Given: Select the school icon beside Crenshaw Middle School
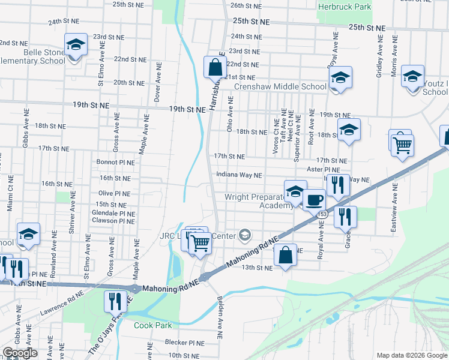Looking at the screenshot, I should pyautogui.click(x=340, y=78).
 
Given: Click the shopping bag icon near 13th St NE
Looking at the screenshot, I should pyautogui.click(x=286, y=254).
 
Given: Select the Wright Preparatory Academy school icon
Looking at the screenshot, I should pyautogui.click(x=295, y=191).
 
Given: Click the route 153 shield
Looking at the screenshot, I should pyautogui.click(x=323, y=214).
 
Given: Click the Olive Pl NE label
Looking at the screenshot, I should pyautogui.click(x=114, y=194).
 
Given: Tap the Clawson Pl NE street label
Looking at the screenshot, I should pyautogui.click(x=113, y=221).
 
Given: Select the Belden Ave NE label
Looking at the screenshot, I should pyautogui.click(x=220, y=313).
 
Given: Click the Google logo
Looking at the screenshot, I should pyautogui.click(x=20, y=353).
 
